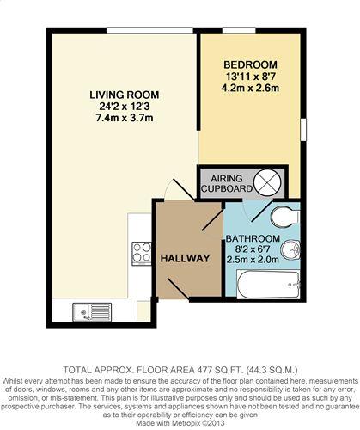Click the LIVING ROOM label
tap(125, 95)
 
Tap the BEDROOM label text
tap(250, 64)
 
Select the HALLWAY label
tap(185, 258)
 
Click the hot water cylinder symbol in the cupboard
tap(267, 182)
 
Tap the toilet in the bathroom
tap(285, 217)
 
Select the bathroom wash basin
tap(290, 250)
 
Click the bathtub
tap(268, 285)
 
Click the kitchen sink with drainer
tap(92, 312)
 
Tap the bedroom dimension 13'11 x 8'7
tap(250, 77)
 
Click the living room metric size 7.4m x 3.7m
tap(125, 118)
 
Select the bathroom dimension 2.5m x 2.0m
tap(253, 260)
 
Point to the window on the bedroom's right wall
tap(303, 129)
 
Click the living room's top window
tap(149, 30)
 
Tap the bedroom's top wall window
tap(239, 30)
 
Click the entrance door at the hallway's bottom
tap(179, 289)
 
